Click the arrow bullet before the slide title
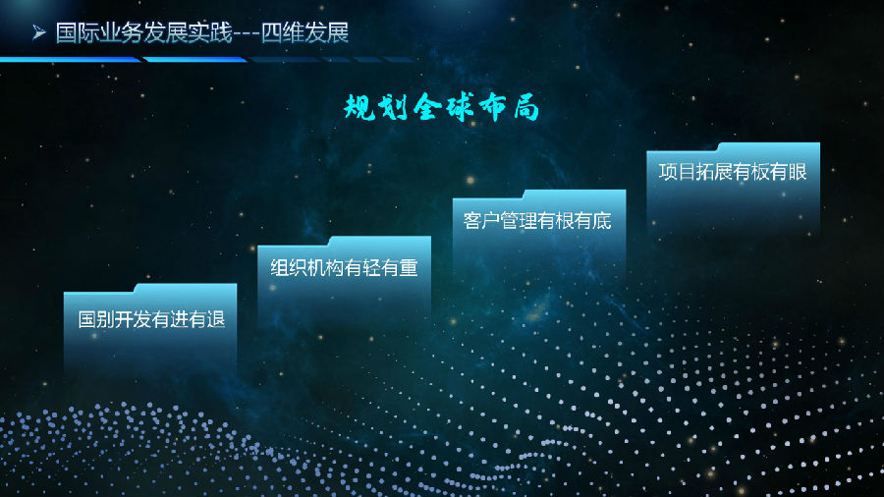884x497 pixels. point(39,32)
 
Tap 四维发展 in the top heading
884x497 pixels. point(305,32)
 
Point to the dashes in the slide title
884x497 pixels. point(247,33)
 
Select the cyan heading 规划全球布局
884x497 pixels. point(441,107)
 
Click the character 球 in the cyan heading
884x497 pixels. point(460,107)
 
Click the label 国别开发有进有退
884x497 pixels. point(151,319)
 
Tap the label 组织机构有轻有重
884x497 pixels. point(344,268)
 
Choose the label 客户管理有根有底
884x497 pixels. point(537,220)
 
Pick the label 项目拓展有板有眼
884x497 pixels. point(733,172)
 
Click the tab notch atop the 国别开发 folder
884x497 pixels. point(186,288)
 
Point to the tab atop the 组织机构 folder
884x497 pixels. point(380,241)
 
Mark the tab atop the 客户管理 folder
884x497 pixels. point(575,193)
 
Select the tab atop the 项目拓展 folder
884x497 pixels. point(769,146)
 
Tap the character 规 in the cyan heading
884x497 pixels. point(360,107)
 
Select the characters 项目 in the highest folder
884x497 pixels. point(677,172)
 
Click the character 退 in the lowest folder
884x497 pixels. point(216,319)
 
